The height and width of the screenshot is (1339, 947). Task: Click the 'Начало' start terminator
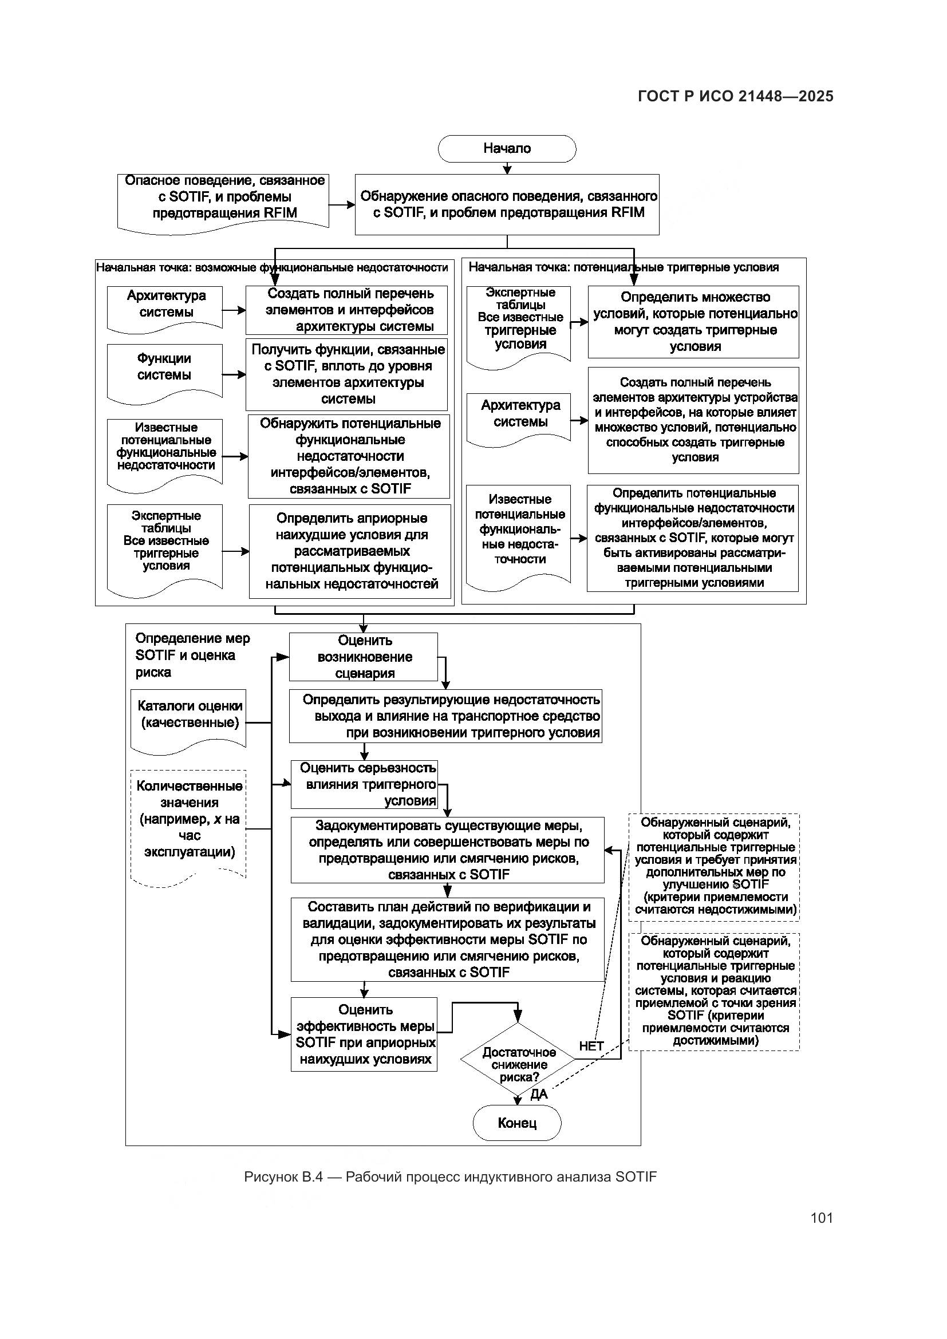point(507,149)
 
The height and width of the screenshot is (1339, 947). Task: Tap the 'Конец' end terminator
point(516,1123)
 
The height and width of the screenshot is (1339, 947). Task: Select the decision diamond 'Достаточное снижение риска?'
point(518,1064)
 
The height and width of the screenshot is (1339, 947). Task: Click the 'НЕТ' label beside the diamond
point(591,1046)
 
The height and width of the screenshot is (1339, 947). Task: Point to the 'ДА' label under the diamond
point(539,1095)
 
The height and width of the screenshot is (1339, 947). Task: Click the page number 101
point(821,1218)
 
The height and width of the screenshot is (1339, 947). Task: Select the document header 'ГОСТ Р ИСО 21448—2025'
point(735,96)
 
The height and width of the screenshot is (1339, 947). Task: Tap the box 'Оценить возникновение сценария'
point(364,657)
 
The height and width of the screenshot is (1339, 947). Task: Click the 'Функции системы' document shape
point(164,370)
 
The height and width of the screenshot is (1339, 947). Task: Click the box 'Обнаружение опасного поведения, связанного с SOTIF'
point(507,204)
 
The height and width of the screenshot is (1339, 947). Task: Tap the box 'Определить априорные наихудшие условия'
point(350,551)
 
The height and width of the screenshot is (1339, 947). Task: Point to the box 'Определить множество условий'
point(693,321)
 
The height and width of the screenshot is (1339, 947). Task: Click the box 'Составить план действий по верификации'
point(447,939)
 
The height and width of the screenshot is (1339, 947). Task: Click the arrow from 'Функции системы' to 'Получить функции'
point(234,374)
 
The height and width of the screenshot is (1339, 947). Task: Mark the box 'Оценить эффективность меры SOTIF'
point(365,1034)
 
